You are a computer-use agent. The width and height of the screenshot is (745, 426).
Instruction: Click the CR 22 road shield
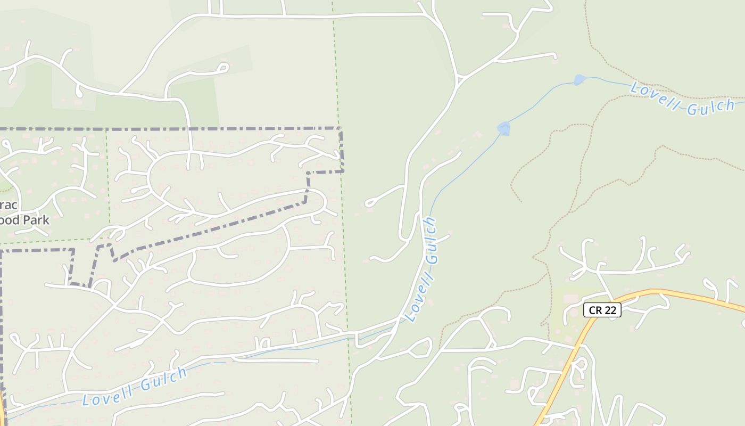click(602, 310)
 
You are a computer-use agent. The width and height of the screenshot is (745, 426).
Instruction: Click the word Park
click(36, 220)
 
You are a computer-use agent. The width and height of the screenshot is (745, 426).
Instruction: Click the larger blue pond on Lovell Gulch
click(503, 128)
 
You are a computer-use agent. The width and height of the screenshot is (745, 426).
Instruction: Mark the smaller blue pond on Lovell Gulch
click(580, 80)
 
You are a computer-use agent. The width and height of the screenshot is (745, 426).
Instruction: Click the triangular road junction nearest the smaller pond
click(459, 80)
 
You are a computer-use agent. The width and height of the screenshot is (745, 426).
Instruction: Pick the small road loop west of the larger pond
click(371, 203)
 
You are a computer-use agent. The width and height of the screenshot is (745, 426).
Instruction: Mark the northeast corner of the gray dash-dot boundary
click(340, 129)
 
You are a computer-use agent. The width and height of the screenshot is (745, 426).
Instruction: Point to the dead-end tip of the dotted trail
click(521, 202)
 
